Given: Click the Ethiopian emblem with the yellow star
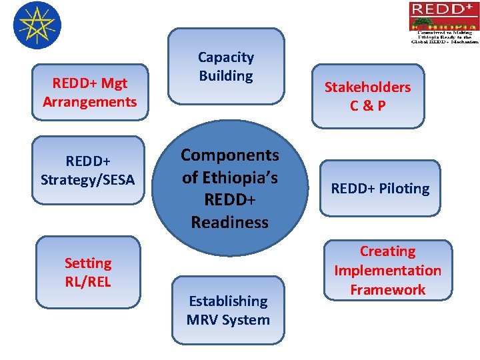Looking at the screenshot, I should click(x=37, y=25).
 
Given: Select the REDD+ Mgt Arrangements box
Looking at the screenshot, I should click(x=89, y=93).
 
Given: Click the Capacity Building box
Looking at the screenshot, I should click(x=225, y=67).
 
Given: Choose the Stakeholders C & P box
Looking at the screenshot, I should click(x=367, y=96).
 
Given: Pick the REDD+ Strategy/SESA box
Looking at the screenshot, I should click(x=87, y=171).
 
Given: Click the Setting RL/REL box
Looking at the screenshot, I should click(x=88, y=272).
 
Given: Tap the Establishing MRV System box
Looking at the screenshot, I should click(x=228, y=310).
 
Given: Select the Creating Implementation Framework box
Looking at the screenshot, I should click(x=387, y=270).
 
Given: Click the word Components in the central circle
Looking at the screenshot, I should click(x=230, y=155).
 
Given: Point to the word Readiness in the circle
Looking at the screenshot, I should click(x=229, y=222).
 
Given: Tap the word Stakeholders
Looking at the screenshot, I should click(x=367, y=87).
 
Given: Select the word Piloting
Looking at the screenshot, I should click(x=403, y=189).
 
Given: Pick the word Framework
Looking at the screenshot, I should click(x=387, y=289).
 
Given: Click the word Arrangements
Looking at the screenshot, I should click(x=89, y=102).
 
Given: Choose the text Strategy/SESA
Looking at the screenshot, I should click(x=87, y=180).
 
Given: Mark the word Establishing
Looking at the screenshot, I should click(x=228, y=301).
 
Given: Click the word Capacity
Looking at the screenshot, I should click(x=225, y=58).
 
